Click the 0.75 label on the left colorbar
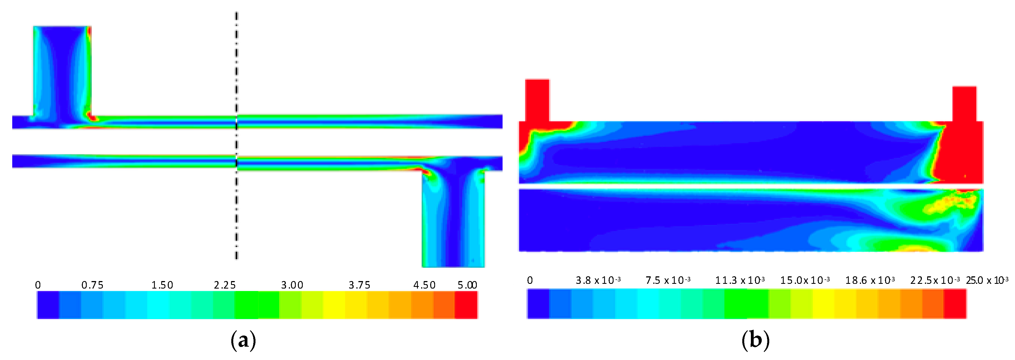92,285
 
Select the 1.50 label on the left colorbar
162,285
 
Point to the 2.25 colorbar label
225,285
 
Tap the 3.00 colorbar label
292,285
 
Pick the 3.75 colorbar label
359,285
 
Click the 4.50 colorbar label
424,285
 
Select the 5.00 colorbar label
467,285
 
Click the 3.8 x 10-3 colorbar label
598,280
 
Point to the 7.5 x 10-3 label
668,280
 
